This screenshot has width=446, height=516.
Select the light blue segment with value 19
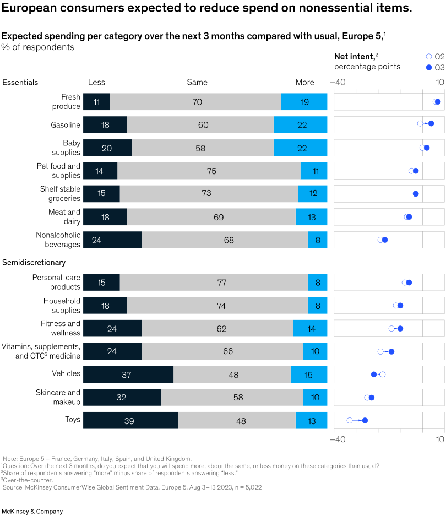tap(304, 102)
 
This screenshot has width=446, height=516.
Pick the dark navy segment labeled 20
tap(107, 148)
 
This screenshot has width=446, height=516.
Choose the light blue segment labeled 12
tap(312, 194)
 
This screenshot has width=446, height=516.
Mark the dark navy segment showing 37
tap(128, 374)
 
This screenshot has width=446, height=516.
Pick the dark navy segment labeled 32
tap(122, 398)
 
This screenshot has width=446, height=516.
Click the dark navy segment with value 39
tap(130, 421)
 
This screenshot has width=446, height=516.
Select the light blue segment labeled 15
tap(309, 374)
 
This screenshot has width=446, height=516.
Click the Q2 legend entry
tap(436, 57)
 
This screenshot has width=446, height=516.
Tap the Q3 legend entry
tap(436, 68)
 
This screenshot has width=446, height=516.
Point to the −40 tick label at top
tap(338, 82)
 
